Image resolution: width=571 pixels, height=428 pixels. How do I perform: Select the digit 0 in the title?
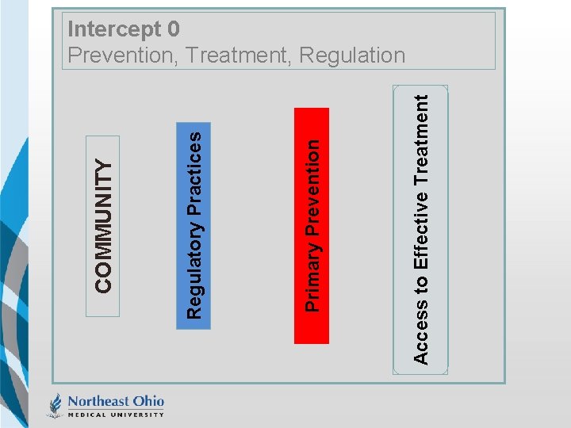pos(174,29)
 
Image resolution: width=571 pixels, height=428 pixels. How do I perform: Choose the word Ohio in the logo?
pos(148,400)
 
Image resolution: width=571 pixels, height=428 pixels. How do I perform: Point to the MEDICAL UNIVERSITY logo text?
pos(116,414)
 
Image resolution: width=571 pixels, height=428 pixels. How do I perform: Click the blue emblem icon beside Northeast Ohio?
pos(55,405)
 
